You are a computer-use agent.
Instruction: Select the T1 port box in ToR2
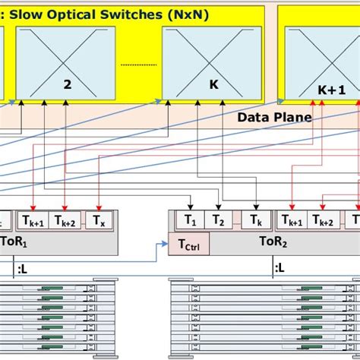(x=189, y=221)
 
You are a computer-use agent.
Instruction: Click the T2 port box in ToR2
(x=219, y=221)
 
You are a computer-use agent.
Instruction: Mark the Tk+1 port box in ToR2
(x=294, y=221)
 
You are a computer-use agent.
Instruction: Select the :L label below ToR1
(x=23, y=267)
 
